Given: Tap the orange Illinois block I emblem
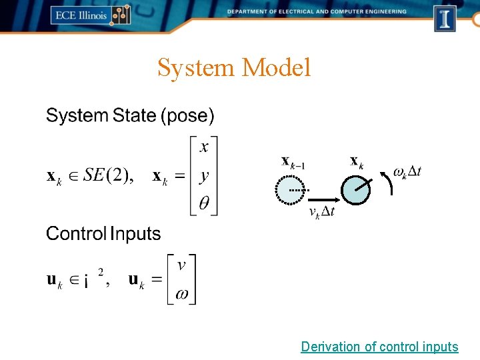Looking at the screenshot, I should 445,18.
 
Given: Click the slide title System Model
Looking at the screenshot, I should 234,67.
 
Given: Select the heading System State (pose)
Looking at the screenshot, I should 130,116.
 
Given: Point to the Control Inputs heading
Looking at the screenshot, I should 103,234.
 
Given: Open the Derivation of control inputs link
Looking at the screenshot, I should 379,347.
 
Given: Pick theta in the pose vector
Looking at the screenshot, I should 204,203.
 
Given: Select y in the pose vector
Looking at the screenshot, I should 204,176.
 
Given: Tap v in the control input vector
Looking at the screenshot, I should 181,265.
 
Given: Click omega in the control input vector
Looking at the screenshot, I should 181,293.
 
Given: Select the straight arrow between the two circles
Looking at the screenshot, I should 323,199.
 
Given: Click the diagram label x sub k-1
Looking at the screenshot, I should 293,161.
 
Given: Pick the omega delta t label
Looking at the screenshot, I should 407,172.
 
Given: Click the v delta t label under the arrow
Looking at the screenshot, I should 322,212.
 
